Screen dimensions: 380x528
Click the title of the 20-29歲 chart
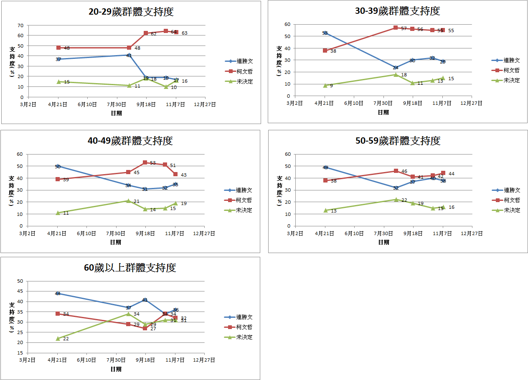point(131,12)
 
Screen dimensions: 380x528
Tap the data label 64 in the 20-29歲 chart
point(173,31)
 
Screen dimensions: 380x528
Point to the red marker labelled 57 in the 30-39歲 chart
point(396,28)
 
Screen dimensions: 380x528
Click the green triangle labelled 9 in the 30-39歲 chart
point(325,85)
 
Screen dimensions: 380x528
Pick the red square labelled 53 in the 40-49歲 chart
point(145,162)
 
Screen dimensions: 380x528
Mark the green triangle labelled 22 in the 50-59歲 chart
point(396,200)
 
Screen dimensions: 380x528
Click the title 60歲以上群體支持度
point(130,268)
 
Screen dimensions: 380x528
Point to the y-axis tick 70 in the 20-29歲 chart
point(20,25)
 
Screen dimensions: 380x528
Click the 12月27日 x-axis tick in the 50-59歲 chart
point(472,234)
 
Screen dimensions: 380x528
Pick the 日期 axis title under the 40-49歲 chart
point(116,242)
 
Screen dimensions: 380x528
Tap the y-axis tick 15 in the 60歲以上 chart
point(20,353)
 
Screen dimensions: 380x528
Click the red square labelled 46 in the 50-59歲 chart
point(396,171)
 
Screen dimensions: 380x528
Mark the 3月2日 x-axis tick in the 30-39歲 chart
point(295,103)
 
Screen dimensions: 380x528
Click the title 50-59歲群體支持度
point(398,141)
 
